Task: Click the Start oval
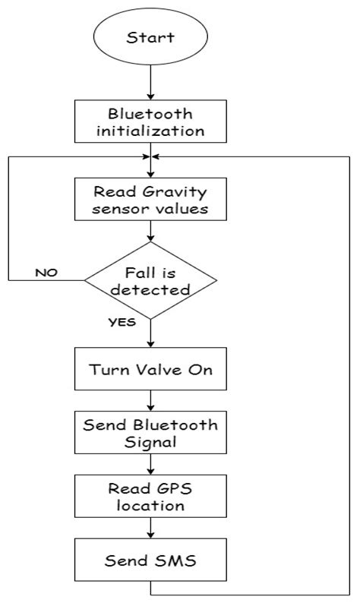pos(150,36)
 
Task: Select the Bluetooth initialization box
pos(150,122)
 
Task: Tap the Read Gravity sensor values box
pos(150,198)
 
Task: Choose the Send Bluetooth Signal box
pos(150,434)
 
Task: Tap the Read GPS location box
pos(150,497)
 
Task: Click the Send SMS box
pos(150,561)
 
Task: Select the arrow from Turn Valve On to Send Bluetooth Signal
pos(150,402)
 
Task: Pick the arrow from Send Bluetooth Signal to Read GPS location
pos(150,466)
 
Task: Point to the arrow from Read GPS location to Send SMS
pos(150,529)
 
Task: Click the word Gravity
pos(176,191)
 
